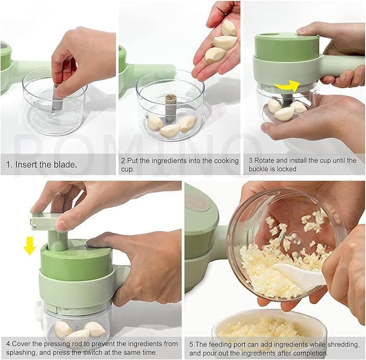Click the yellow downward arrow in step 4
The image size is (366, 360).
click(x=30, y=246)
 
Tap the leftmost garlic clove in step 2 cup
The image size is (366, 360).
click(x=155, y=123)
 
